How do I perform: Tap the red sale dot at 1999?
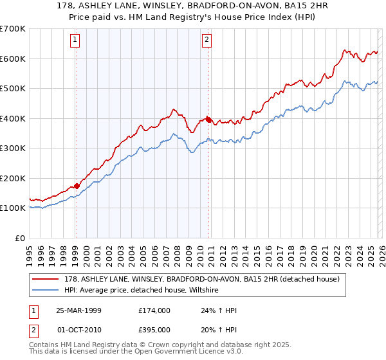point(77,186)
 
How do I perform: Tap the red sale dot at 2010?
point(208,120)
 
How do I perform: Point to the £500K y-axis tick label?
point(13,89)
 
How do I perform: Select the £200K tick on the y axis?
point(13,178)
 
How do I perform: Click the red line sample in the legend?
point(46,279)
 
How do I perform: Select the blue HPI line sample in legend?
point(46,291)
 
